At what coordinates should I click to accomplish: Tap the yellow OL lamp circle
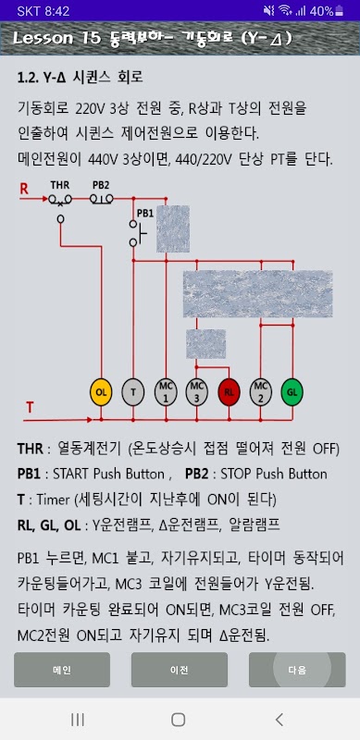101,391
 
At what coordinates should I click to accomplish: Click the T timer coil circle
133,391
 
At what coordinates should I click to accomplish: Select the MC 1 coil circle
166,391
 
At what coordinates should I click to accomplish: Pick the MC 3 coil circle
196,391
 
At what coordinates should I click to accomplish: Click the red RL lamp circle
230,391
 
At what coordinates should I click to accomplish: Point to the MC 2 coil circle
260,391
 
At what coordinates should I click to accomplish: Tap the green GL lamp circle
292,391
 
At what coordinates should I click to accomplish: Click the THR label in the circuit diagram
59,185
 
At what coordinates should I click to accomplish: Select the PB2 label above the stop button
100,185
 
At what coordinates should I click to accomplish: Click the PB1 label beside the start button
145,213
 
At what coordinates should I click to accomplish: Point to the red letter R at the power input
24,189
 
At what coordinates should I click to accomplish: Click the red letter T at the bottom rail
30,407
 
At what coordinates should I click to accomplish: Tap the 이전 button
180,670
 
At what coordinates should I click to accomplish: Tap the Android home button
178,720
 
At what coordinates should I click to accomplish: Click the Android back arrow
279,720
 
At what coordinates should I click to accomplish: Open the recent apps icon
78,720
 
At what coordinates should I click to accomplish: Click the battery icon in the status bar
340,11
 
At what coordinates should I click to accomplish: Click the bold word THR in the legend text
31,449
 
